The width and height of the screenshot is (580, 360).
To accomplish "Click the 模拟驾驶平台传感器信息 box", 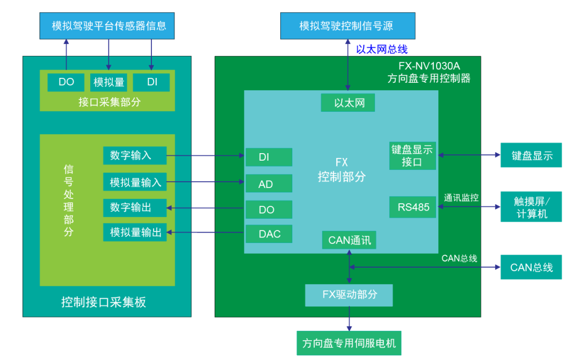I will click(x=108, y=25).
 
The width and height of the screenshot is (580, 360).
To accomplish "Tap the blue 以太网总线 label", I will click(x=382, y=49).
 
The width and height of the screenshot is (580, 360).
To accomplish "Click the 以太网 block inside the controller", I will click(x=348, y=103).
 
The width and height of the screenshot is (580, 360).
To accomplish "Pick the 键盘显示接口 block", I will click(x=412, y=156).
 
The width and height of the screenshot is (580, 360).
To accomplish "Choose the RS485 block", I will click(x=413, y=207).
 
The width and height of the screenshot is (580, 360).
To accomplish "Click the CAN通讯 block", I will click(x=349, y=240).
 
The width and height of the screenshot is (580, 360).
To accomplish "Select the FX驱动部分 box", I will click(x=349, y=295).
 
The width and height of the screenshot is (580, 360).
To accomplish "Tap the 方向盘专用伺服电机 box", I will click(x=349, y=343).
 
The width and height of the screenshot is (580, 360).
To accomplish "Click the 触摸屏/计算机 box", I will click(x=531, y=207).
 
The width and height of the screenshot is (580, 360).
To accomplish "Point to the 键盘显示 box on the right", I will click(x=531, y=155).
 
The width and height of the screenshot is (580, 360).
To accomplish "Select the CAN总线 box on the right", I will click(x=531, y=267).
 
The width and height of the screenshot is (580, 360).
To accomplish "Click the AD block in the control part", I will click(x=269, y=184).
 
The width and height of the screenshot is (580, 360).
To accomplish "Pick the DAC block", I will click(x=269, y=234).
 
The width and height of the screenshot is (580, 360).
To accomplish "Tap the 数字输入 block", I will click(x=135, y=155).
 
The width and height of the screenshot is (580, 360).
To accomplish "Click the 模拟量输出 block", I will click(x=135, y=232).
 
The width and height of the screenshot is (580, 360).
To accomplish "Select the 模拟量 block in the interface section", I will click(x=109, y=82).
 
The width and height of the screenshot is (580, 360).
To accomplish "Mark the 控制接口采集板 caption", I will click(x=104, y=302).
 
